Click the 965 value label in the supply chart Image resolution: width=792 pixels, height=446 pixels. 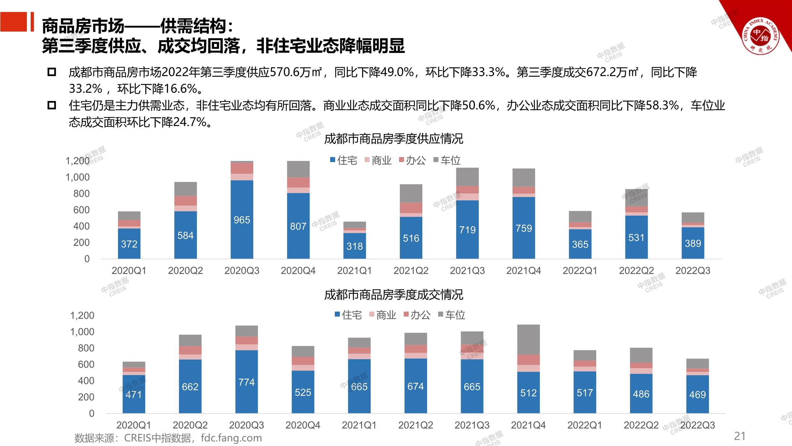click(x=242, y=220)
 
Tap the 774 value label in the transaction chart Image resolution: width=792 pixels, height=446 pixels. click(x=247, y=382)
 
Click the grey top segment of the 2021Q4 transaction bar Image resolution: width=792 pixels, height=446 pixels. click(x=528, y=339)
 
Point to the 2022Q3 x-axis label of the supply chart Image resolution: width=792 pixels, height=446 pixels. click(x=693, y=271)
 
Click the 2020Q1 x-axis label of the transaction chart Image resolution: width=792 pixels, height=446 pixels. click(x=134, y=425)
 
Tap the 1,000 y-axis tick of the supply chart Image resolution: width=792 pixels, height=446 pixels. click(x=78, y=177)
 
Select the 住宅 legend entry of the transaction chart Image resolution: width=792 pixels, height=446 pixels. click(x=348, y=315)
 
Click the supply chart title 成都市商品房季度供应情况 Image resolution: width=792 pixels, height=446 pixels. click(x=394, y=139)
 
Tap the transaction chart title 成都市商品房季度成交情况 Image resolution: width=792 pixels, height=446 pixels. click(x=394, y=294)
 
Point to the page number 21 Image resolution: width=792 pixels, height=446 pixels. click(x=740, y=436)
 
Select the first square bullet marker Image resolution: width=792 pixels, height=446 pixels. click(x=52, y=72)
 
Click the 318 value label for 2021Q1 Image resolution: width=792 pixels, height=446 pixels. click(x=354, y=246)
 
